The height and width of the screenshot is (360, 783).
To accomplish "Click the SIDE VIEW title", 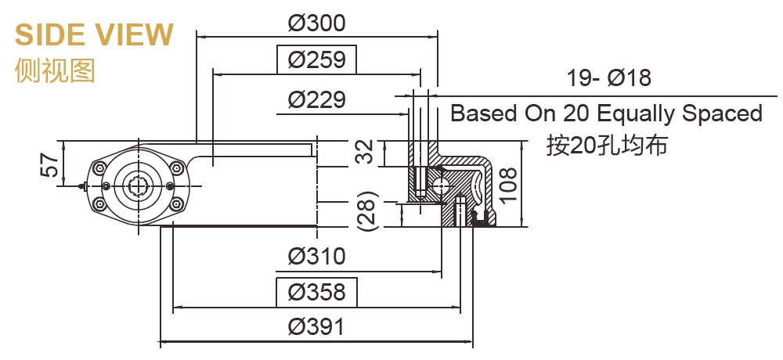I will pyautogui.click(x=94, y=35).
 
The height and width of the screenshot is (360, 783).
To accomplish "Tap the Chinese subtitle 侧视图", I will pyautogui.click(x=55, y=70).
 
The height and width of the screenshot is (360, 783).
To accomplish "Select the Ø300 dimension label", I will pyautogui.click(x=316, y=23).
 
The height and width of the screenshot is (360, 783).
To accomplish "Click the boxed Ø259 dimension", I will pyautogui.click(x=316, y=59).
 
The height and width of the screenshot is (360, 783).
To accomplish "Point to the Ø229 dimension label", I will pyautogui.click(x=316, y=100).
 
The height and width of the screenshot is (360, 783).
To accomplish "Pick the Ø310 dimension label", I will pyautogui.click(x=316, y=256).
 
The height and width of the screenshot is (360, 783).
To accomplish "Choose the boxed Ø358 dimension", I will pyautogui.click(x=316, y=292).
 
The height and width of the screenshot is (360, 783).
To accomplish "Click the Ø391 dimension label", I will pyautogui.click(x=316, y=327).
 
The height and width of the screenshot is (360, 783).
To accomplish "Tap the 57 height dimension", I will pyautogui.click(x=49, y=165).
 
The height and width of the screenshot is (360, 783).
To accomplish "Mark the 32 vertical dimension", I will pyautogui.click(x=364, y=154).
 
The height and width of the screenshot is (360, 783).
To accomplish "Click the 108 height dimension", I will pyautogui.click(x=508, y=184).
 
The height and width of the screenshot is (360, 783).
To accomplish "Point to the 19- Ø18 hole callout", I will pyautogui.click(x=608, y=78).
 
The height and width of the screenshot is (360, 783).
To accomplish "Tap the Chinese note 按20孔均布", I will pyautogui.click(x=607, y=146).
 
